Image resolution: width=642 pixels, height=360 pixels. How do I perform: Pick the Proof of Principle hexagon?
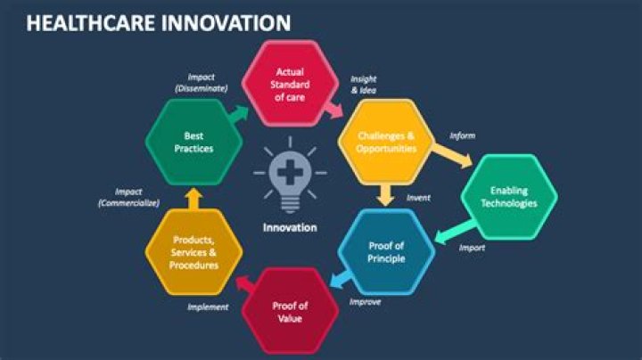(x=386, y=252)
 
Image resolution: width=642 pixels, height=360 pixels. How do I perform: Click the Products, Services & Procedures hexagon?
(x=193, y=252)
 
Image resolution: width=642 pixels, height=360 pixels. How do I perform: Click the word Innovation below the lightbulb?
(x=289, y=226)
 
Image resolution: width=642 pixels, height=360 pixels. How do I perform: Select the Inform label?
(x=462, y=135)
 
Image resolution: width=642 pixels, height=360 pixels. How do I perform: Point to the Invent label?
(x=418, y=197)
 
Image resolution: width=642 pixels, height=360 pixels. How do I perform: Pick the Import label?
(x=472, y=248)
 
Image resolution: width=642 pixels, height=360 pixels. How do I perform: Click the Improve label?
(x=366, y=301)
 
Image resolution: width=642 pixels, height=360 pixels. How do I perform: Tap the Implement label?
(x=207, y=307)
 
